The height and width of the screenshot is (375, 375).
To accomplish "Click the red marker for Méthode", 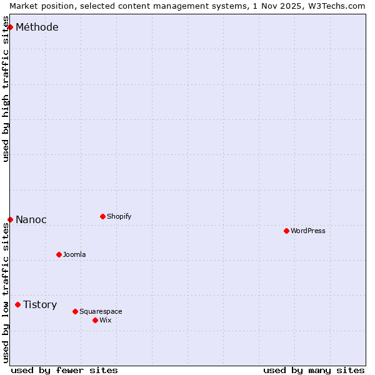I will pos(10,27).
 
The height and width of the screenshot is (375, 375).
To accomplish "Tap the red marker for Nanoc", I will pos(10,219).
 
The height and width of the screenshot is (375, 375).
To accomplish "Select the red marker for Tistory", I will pos(17,304).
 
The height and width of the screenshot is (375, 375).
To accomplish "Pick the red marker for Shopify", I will pos(102,216).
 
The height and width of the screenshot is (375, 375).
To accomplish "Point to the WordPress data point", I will pos(286,231).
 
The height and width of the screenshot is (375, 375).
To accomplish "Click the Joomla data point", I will pos(59,254).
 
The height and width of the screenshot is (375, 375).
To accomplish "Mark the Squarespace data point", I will pos(75,311).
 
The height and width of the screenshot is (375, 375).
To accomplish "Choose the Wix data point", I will pos(95,320).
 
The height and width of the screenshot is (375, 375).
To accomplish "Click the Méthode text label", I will pos(37,27).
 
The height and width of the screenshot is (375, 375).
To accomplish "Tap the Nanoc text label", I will pos(31,219).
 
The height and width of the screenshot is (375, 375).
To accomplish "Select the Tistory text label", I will pos(40,304).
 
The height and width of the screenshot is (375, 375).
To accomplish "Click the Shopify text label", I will pos(119,216).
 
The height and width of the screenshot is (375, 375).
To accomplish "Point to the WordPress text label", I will pos(308,231).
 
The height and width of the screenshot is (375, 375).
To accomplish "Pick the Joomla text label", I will pos(74,254).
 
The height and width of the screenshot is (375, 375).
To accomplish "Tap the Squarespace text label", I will pos(101,311).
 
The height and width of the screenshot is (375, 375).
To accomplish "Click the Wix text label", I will pos(105,320).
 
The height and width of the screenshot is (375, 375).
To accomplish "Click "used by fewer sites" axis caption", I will pos(64,370).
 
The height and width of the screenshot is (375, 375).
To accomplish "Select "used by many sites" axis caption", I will pos(314,370).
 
